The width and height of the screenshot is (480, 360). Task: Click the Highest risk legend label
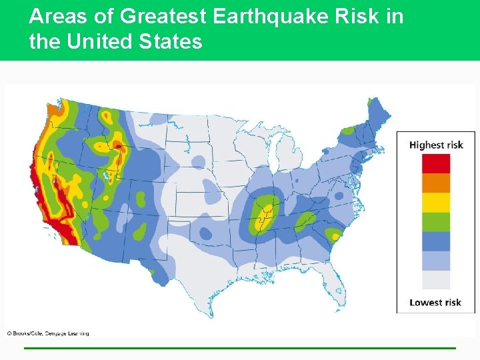pos(435,145)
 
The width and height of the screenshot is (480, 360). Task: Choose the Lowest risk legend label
pos(435,302)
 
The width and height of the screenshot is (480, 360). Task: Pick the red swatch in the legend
pos(435,163)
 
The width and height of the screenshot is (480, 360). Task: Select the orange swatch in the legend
pos(435,183)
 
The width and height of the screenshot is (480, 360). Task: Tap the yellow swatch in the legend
pos(435,202)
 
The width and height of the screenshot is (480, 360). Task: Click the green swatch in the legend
pos(435,221)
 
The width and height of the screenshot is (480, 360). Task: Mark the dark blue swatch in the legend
pos(435,241)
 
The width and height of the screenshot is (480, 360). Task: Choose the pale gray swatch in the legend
pos(435,279)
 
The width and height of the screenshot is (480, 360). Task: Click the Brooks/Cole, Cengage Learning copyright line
pos(48,333)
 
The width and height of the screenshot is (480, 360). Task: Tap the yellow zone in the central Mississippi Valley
pos(267,212)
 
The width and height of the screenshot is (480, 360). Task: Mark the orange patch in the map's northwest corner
pos(50,109)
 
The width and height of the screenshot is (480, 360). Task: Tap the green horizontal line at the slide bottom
pos(240,348)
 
